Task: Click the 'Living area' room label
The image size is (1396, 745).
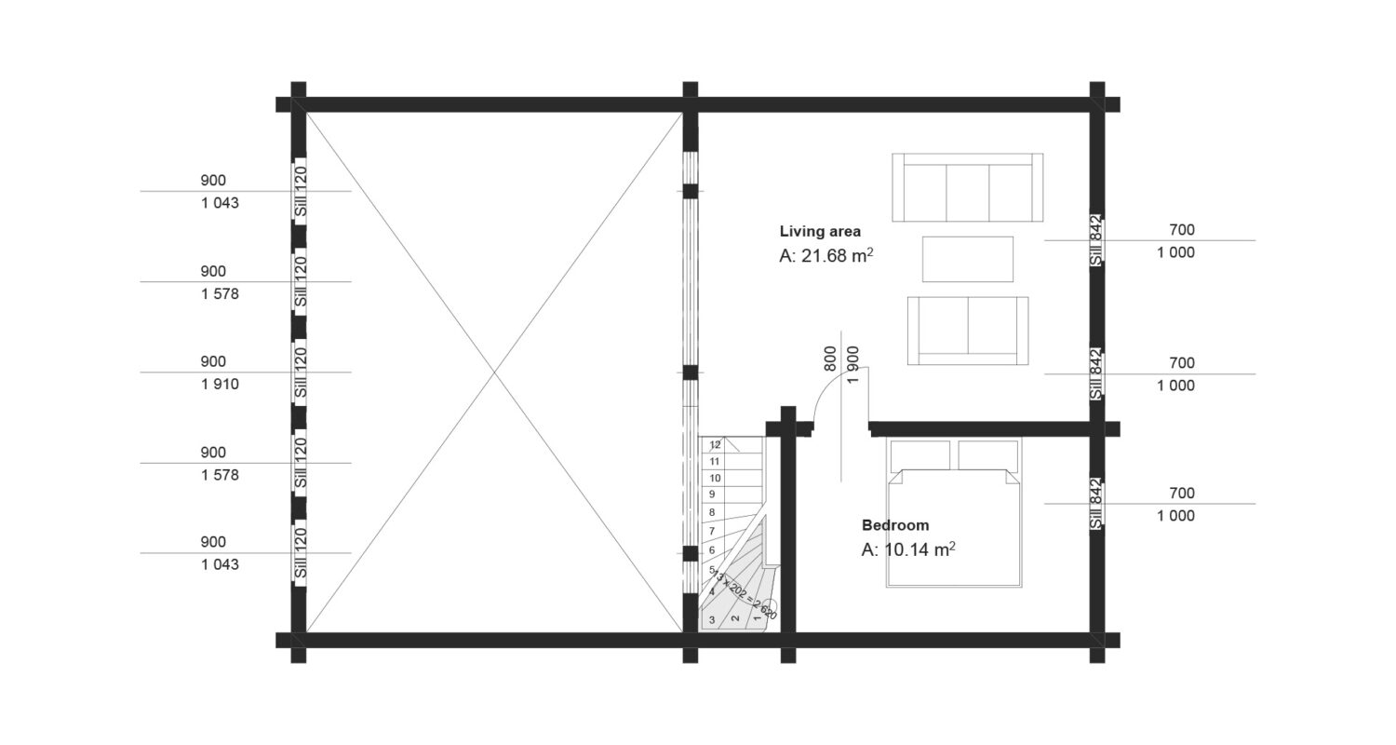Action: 820,231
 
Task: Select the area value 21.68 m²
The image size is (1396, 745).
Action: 826,255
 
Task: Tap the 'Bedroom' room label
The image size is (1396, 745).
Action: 894,525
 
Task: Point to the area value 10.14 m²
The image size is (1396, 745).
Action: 908,549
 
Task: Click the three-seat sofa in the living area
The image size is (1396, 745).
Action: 967,187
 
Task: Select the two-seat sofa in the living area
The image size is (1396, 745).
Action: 967,331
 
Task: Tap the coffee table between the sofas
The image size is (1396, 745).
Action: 967,259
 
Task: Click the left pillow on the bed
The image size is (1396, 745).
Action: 919,455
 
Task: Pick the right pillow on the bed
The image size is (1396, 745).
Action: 987,455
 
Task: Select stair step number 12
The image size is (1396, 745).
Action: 715,445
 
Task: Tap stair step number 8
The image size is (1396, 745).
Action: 712,512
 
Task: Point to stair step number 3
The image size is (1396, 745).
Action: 712,619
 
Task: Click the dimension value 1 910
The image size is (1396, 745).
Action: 220,384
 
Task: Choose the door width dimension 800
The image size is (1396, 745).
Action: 830,359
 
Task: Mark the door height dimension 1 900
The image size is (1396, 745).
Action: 852,359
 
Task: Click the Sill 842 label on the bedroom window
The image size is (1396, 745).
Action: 1096,504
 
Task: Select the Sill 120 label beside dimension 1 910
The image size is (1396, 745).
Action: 300,372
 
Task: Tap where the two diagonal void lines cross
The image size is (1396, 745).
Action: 494,372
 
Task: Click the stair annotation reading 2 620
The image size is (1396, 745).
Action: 766,610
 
